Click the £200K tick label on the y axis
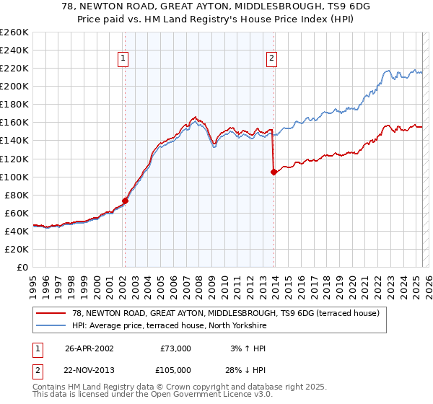14,86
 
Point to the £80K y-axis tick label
17,195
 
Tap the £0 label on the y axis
23,267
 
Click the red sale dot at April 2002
126,201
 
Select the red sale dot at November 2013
274,172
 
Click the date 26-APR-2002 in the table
89,348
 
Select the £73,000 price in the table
174,348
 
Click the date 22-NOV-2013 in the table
89,370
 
